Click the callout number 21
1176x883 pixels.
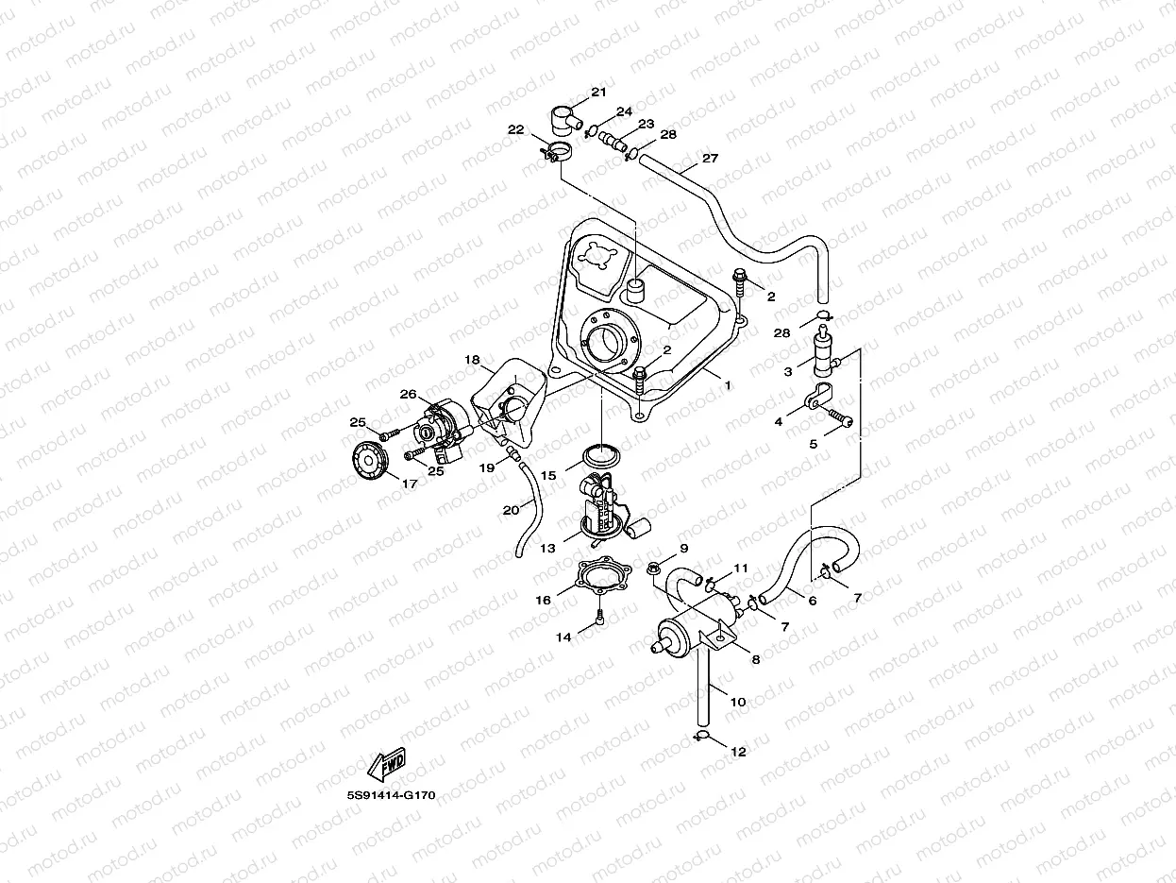pos(598,92)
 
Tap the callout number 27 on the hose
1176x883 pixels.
pos(710,159)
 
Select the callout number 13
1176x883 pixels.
pos(548,548)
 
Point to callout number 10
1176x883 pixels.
pos(738,702)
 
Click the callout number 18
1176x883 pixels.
pos(473,360)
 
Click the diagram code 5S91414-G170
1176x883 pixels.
pos(391,795)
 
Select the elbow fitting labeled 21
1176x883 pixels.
pos(565,121)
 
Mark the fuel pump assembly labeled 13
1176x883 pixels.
pos(599,510)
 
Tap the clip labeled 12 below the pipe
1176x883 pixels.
pos(701,735)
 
